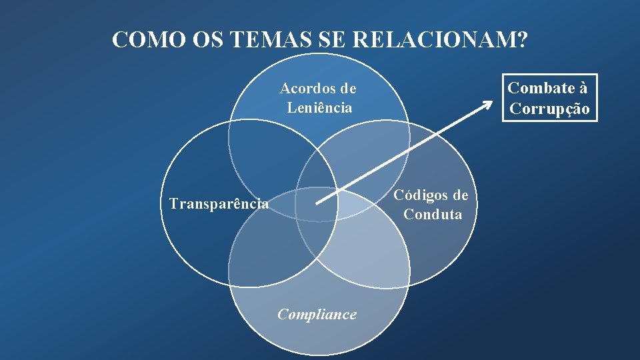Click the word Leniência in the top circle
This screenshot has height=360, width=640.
tap(319, 107)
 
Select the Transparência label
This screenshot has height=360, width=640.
tap(219, 203)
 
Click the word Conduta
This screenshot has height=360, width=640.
tap(433, 214)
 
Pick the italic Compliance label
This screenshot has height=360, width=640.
tap(317, 314)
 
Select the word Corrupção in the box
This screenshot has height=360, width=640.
tap(549, 109)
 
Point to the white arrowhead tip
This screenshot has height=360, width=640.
tap(491, 101)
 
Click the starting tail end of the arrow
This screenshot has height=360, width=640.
tap(317, 203)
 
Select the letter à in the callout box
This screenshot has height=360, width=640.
tap(583, 88)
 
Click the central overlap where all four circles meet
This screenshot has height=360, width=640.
tap(317, 207)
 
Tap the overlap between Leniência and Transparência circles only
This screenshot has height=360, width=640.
tap(267, 160)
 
